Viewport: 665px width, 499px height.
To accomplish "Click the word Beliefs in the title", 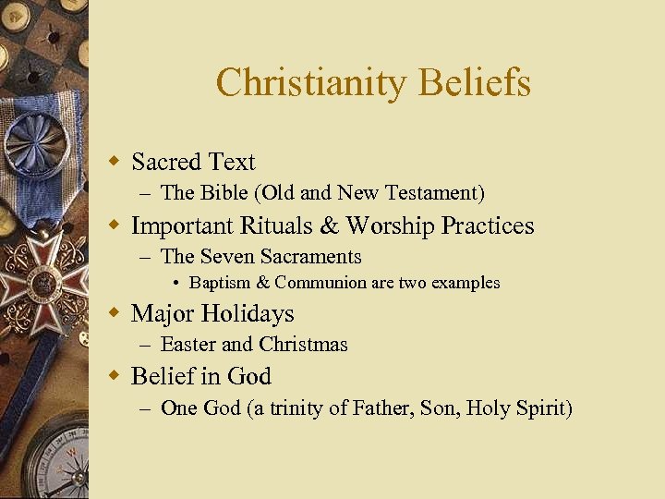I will click(x=475, y=83).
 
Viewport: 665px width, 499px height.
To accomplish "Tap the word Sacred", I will click(x=166, y=163).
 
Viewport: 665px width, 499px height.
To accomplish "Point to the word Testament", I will click(x=430, y=193).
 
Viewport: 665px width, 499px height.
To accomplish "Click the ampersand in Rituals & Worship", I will click(x=320, y=226).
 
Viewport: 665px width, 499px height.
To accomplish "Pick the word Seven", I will click(x=227, y=257).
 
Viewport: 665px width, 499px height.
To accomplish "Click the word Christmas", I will click(x=303, y=345).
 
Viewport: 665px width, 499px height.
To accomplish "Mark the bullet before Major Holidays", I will click(x=115, y=313).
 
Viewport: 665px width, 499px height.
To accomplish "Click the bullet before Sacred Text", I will click(x=115, y=162).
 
